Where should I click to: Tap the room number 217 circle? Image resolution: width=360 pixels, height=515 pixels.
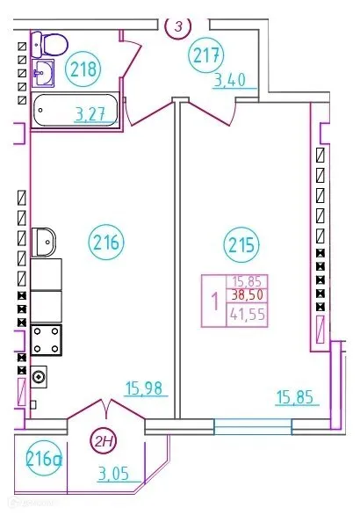tap(206, 56)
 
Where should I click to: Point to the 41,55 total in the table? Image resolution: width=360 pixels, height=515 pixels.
tap(248, 314)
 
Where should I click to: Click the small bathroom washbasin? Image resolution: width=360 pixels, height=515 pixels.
tap(42, 74)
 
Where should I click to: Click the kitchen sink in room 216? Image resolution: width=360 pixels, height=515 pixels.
tap(44, 240)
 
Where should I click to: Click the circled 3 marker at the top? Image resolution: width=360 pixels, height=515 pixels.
tap(178, 26)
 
